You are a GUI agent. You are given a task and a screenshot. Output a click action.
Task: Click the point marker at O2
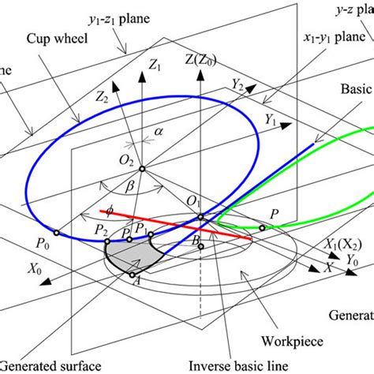click(x=142, y=168)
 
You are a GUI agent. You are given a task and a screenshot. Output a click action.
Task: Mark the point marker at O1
click(x=200, y=218)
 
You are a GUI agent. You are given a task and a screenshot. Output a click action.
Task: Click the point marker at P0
click(x=56, y=233)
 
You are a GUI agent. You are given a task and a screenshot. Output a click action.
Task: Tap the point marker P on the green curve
click(x=261, y=228)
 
